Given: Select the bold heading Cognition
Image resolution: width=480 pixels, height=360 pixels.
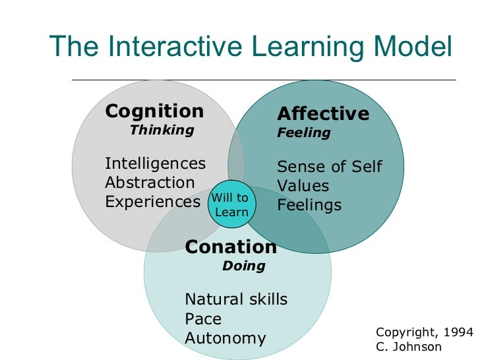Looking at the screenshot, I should pos(154,111).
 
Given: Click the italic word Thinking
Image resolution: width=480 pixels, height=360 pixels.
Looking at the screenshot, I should pos(162,130).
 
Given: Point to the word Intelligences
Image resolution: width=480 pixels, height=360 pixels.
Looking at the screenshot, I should pos(155,163).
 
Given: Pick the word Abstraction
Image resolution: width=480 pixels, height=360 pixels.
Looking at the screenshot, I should pos(150,183).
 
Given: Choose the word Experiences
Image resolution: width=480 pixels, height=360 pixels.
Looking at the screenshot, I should pos(152,202).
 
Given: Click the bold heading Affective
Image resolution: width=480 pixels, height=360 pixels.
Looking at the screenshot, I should pos(323,114).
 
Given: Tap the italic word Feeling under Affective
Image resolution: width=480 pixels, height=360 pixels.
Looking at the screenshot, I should pos(303,133).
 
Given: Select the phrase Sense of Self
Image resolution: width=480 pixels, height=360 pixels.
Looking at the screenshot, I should pos(329,166).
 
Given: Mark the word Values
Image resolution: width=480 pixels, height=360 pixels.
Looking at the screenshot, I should pos(303,186).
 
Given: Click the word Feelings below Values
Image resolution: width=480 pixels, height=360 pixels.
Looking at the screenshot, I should pos(309,205).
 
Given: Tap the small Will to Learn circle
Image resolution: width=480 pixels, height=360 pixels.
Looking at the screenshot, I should pos(231,205).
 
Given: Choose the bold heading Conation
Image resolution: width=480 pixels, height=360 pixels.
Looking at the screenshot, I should pos(231,247).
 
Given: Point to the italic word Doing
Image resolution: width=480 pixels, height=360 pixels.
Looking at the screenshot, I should pos(243,266).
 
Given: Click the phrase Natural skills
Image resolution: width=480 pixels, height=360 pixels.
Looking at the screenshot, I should pos(236,299).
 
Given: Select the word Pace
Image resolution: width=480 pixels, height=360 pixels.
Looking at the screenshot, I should pos(203,319).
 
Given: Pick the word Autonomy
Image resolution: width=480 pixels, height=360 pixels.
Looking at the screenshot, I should pos(225,339).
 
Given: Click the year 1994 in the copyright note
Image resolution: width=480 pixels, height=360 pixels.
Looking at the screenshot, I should pos(458,332).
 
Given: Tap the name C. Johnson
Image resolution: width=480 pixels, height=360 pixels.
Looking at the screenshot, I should pos(409,347).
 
